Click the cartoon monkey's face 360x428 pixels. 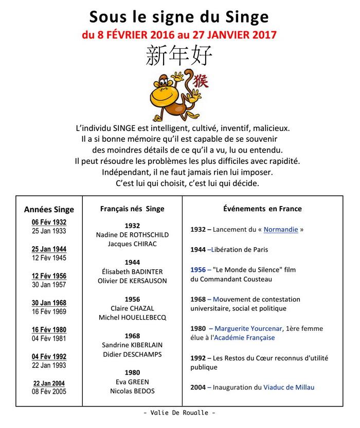(x=167, y=87)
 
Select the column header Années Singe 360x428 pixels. (x=49, y=209)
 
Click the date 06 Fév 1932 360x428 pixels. (x=49, y=222)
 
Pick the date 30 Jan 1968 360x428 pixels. (x=49, y=303)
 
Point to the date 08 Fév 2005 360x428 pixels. (x=49, y=392)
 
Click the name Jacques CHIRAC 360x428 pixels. (x=132, y=244)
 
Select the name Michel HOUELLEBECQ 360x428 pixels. (x=132, y=318)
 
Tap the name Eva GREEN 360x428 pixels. (x=132, y=382)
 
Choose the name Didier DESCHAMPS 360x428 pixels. (x=132, y=355)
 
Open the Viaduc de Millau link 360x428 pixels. (x=289, y=387)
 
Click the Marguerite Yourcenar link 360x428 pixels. (x=254, y=328)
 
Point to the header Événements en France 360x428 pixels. (x=262, y=209)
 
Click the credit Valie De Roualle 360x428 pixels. (x=179, y=413)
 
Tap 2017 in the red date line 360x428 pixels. (x=261, y=36)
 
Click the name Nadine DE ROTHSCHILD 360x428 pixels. (x=132, y=235)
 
